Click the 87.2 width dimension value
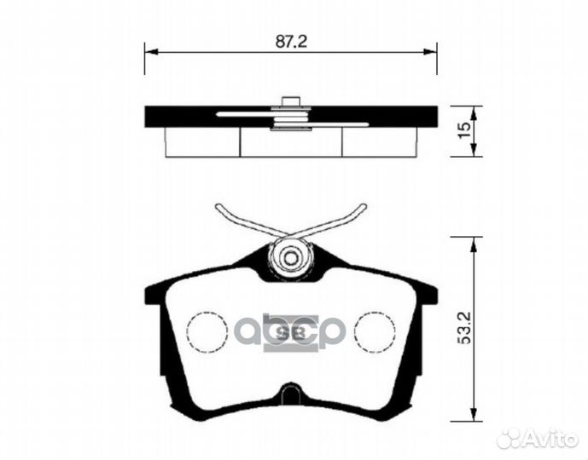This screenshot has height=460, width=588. click(x=291, y=40)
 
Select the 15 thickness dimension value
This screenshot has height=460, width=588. click(x=464, y=130)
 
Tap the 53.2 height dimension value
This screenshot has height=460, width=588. click(x=464, y=327)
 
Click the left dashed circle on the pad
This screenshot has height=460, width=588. click(x=207, y=331)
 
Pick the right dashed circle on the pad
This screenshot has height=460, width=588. click(x=375, y=331)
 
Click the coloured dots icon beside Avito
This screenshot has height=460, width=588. click(x=509, y=438)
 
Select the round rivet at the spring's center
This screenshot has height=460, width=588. click(x=291, y=256)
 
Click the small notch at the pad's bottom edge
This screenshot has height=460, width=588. click(x=291, y=394)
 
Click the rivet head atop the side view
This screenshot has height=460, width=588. click(x=291, y=101)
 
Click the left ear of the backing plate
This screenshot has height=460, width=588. click(x=154, y=294)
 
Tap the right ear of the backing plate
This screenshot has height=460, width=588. click(x=428, y=294)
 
